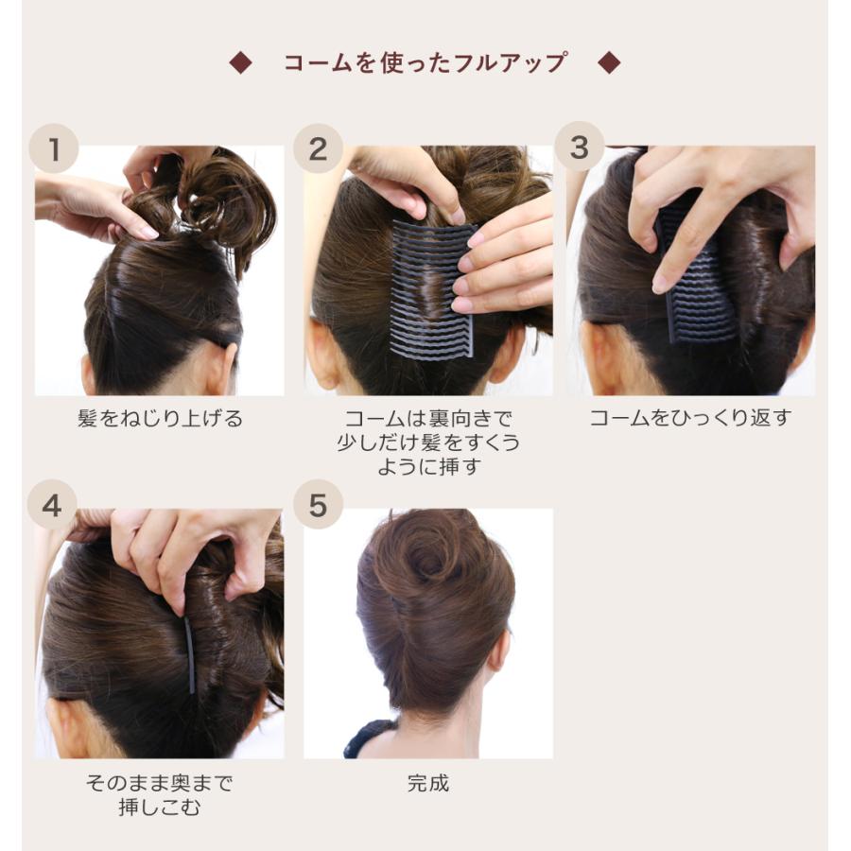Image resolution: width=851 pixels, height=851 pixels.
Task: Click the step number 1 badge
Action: pos(54,148)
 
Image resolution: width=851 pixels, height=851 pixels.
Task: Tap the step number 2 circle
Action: pos(318,148)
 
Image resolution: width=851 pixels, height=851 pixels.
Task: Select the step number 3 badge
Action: pos(580,147)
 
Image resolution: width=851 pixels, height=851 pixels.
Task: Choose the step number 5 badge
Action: pos(318,504)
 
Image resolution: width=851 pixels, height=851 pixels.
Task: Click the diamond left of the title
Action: pos(240,63)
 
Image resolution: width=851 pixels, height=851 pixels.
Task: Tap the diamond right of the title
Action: pos(609,63)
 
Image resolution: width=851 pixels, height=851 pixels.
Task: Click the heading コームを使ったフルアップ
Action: pos(425,63)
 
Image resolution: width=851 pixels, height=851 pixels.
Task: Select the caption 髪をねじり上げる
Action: pos(160,419)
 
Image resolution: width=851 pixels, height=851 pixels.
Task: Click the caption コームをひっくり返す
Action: pos(690,418)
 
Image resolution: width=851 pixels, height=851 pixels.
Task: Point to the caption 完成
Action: pos(428,784)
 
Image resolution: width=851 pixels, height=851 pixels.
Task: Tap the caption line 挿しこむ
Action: pos(160,808)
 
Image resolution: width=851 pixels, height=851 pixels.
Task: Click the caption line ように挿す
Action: pos(428,467)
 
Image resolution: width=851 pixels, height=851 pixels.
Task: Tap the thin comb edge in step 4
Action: pos(189,655)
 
